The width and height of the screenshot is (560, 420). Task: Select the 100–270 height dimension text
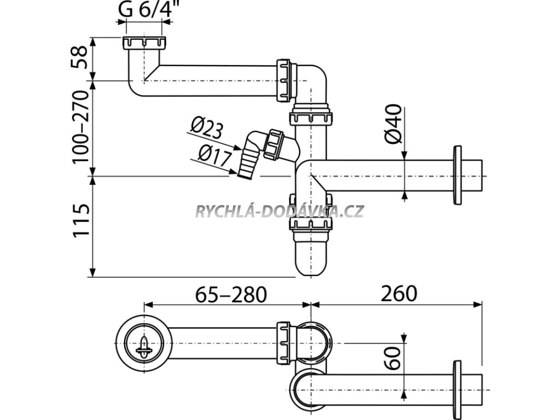80,127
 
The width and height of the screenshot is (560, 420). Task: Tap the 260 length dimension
399,294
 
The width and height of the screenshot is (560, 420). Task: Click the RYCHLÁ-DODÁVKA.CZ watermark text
279,211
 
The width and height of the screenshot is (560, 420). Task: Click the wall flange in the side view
458,175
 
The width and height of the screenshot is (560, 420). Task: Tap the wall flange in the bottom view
458,383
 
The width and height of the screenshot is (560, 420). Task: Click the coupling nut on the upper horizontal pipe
285,80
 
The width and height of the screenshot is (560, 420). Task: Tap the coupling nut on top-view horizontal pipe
284,341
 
